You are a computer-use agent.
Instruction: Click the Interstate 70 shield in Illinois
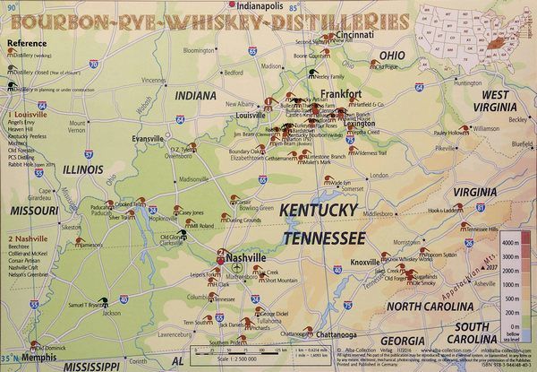[x=95, y=64]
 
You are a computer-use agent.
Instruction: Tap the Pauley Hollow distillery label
[x=450, y=133]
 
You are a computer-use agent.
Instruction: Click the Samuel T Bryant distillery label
[x=83, y=305]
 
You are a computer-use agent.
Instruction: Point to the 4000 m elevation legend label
[x=512, y=243]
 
